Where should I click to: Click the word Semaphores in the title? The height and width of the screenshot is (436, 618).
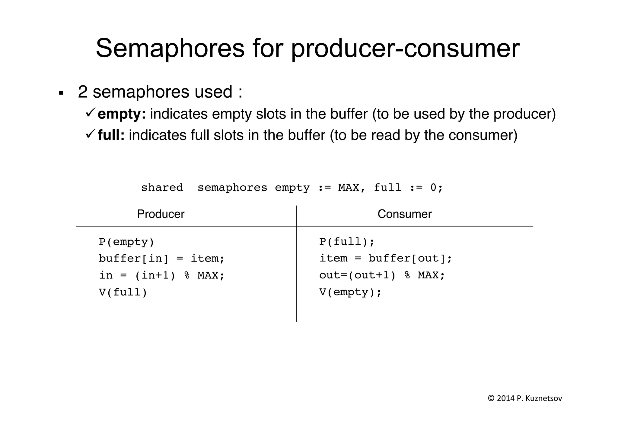coord(170,48)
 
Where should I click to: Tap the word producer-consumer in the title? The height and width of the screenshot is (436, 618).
coord(405,48)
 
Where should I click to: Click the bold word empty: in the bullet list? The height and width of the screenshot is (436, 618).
coord(122,114)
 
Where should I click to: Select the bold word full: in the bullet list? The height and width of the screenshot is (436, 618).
coord(111,135)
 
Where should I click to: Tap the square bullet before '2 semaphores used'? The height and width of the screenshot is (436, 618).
coord(61,93)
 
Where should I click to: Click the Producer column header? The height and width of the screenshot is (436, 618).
coord(161,214)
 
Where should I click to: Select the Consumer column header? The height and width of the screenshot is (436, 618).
coord(404,214)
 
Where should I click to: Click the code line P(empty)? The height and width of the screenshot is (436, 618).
coord(126,242)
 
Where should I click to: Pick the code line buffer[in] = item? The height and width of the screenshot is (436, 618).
coord(162,259)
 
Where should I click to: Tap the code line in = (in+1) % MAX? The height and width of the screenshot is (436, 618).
coord(162,275)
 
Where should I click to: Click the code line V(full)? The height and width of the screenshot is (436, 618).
coord(123,292)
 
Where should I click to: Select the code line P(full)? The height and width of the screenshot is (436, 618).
coord(347,242)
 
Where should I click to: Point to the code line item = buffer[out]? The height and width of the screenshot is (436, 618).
coord(385,259)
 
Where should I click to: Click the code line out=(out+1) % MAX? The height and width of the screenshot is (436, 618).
coord(382,275)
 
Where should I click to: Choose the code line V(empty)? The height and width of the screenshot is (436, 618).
coord(350,292)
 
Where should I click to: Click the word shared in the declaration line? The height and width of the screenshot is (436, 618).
coord(162,188)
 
